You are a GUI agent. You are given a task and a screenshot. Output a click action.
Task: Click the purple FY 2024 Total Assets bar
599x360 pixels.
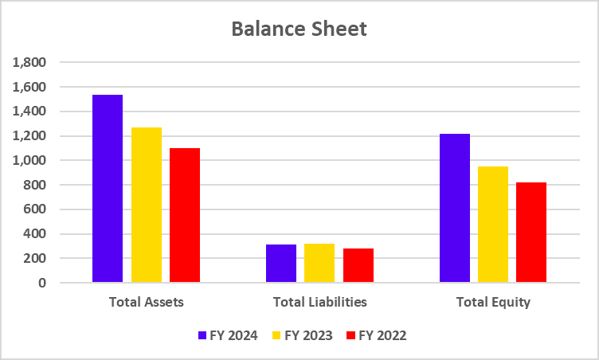pos(108,189)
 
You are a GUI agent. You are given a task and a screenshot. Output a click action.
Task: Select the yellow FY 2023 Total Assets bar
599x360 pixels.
pos(147,205)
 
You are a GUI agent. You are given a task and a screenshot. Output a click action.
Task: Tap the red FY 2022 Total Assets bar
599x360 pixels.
pos(185,215)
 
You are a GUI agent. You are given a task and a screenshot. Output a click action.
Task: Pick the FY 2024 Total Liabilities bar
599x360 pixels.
pos(281,264)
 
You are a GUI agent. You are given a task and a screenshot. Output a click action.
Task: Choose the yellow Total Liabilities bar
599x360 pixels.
pos(319,263)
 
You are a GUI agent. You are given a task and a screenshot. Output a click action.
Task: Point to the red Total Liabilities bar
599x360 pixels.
pos(358,265)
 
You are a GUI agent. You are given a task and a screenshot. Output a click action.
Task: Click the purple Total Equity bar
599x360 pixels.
pos(455,208)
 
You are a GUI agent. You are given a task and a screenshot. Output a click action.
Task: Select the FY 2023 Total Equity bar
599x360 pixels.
pos(493,225)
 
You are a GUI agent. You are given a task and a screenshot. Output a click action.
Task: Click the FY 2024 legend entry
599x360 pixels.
pos(228,335)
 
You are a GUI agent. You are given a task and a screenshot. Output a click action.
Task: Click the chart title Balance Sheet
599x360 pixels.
pos(299,29)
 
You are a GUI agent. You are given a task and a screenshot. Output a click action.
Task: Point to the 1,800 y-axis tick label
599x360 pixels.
pos(30,62)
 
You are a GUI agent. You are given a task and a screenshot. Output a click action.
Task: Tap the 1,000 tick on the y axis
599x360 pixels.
pos(30,160)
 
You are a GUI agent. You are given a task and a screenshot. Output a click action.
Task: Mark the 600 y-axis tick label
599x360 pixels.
pos(36,209)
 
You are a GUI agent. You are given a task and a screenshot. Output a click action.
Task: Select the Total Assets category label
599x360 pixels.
pos(146,303)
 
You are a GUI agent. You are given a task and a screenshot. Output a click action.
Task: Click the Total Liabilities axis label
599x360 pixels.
pos(319,303)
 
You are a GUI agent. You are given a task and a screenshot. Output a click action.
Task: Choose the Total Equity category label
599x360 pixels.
pos(493,303)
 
